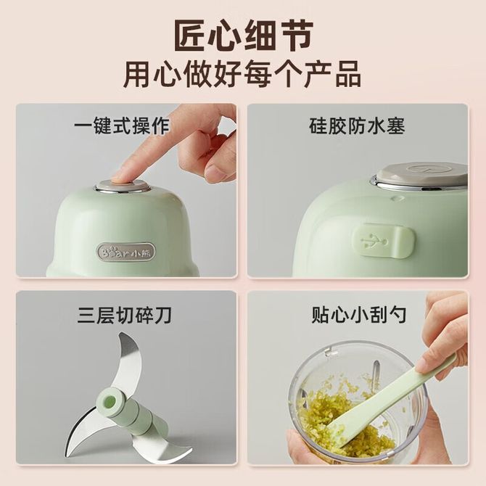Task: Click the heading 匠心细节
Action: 243,36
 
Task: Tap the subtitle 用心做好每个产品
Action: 243,75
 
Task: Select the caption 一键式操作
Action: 122,125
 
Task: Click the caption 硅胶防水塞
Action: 357,125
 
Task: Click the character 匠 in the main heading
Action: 191,36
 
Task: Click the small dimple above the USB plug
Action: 395,198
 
